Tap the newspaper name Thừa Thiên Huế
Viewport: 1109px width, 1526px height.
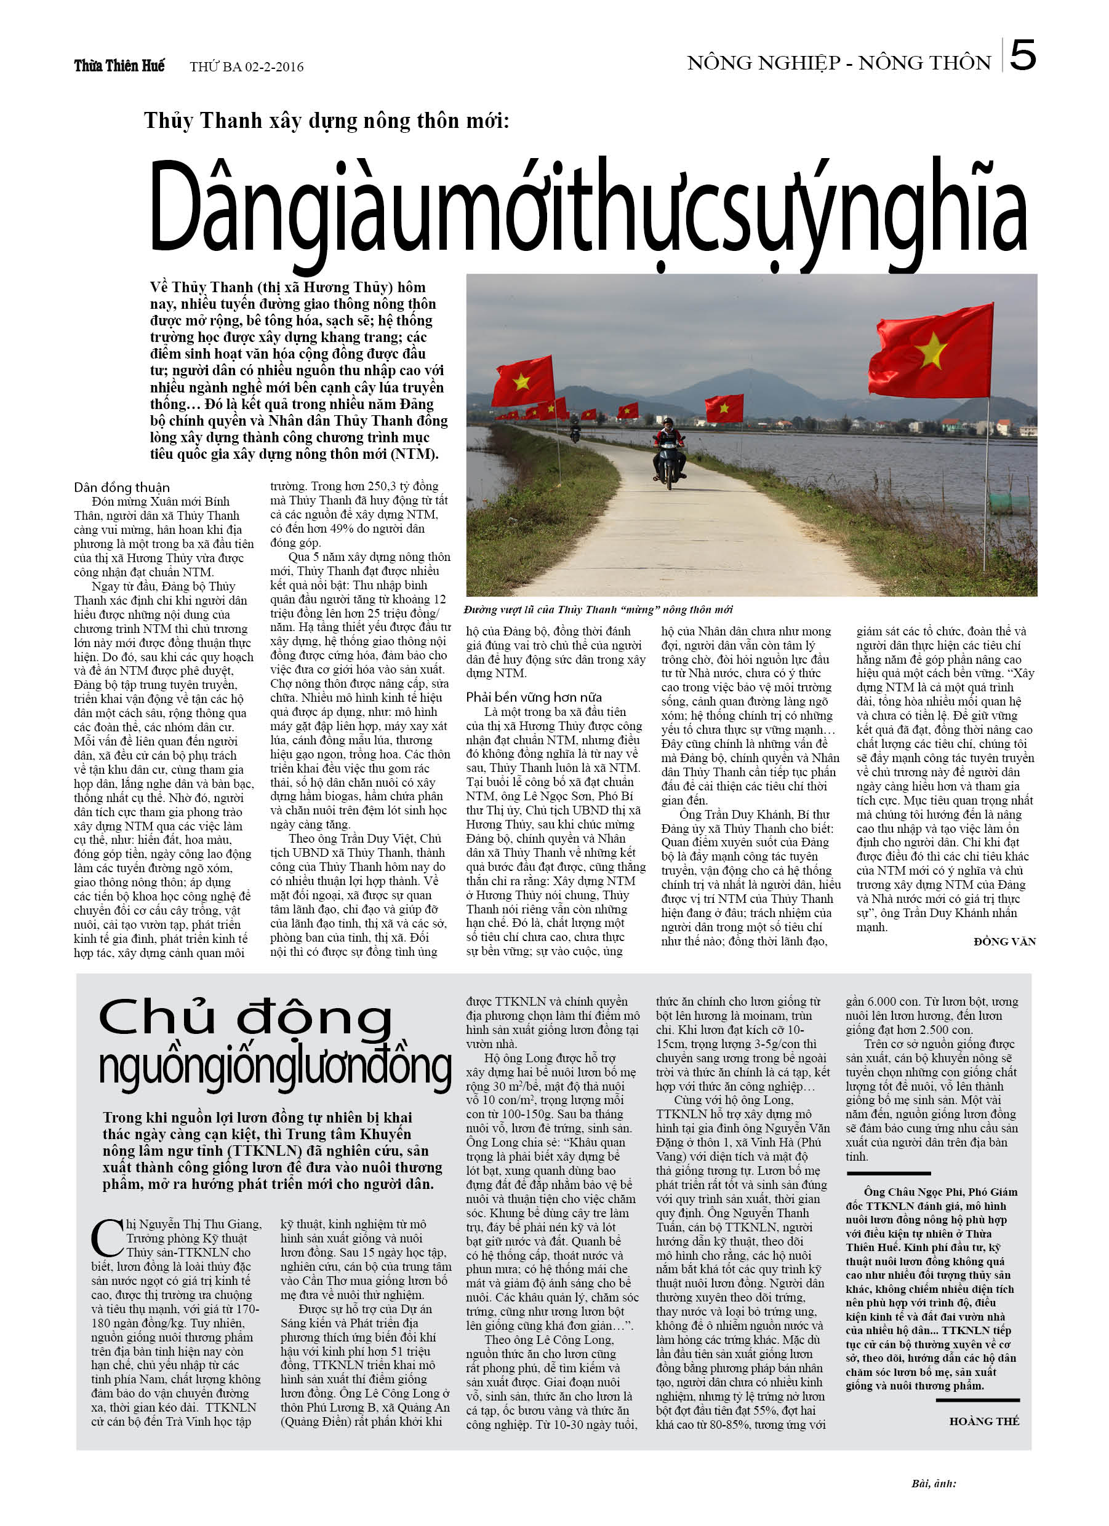click(x=119, y=66)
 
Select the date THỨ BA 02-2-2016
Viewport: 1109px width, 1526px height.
click(x=246, y=66)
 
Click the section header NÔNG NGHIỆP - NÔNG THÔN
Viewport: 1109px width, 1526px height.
click(x=838, y=63)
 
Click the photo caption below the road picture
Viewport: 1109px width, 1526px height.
click(x=598, y=610)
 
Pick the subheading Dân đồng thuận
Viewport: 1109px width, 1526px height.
click(x=122, y=487)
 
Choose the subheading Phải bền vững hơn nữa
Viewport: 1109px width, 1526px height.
click(x=534, y=697)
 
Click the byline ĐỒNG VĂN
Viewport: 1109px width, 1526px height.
click(x=1004, y=941)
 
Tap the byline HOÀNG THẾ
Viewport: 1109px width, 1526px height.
click(x=983, y=1421)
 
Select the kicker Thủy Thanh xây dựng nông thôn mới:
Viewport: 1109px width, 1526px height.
click(x=327, y=121)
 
